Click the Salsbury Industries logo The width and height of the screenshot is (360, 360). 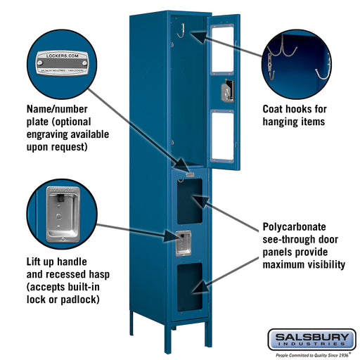tap(311, 339)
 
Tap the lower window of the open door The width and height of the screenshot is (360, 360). tap(222, 136)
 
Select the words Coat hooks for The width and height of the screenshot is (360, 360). tap(295, 109)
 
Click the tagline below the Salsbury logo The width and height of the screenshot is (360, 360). tap(311, 354)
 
